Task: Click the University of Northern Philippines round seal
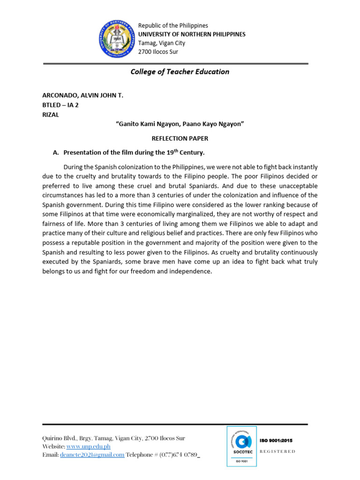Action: tap(115, 40)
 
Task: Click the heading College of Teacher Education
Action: tap(180, 72)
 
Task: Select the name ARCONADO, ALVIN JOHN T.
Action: tap(83, 95)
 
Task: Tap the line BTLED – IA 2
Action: tap(60, 105)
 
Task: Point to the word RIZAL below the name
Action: tap(51, 115)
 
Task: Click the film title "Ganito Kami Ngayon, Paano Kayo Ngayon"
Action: tap(180, 124)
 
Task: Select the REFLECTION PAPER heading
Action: tap(180, 138)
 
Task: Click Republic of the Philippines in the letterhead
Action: tap(173, 25)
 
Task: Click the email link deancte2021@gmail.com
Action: tap(91, 455)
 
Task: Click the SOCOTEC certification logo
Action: tap(241, 446)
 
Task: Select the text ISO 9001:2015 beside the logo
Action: tap(276, 441)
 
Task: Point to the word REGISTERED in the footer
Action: tap(277, 451)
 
